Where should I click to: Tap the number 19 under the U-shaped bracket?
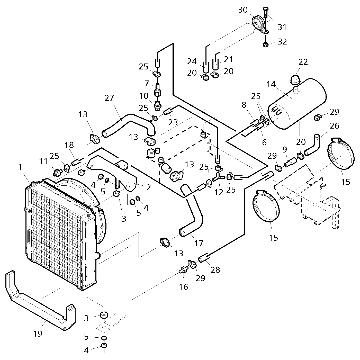[38, 334]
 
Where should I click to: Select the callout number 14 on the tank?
[271, 84]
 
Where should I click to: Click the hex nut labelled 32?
[265, 45]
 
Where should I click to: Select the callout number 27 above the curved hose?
[109, 98]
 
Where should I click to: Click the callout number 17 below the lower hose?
[199, 243]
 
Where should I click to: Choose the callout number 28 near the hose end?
[215, 270]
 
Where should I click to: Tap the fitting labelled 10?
[158, 105]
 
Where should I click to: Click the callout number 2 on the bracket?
[149, 187]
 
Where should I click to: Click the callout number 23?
[173, 122]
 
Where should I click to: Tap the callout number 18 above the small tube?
[69, 145]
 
